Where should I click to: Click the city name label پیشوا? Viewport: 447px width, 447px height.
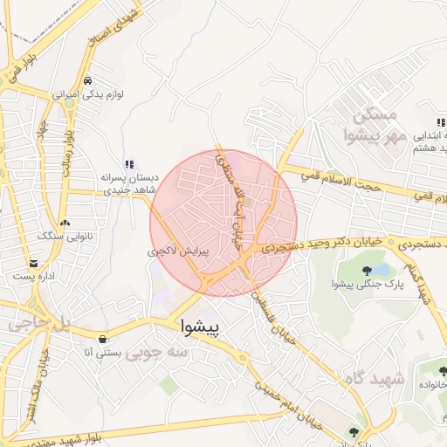pyautogui.click(x=201, y=327)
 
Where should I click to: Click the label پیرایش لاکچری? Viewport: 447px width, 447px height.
pyautogui.click(x=179, y=251)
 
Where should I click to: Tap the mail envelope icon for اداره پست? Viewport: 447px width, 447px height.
pyautogui.click(x=33, y=263)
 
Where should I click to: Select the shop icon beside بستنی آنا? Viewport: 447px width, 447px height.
pyautogui.click(x=104, y=339)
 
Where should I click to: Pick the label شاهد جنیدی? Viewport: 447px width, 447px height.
pyautogui.click(x=129, y=189)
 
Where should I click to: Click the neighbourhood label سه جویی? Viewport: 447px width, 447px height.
pyautogui.click(x=156, y=353)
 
